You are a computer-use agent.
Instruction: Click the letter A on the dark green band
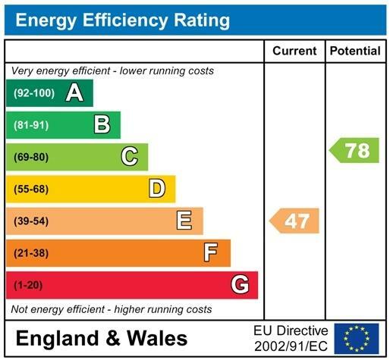pos(74,93)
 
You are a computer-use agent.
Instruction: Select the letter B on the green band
pos(102,124)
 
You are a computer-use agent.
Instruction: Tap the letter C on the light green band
pos(130,157)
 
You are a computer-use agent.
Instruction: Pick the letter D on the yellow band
pos(157,189)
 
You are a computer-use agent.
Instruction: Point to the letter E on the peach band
pos(184,221)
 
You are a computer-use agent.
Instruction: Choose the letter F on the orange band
pos(212,252)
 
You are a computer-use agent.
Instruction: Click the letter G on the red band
pos(240,285)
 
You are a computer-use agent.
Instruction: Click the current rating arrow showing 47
pos(295,221)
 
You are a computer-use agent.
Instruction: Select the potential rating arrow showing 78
pos(354,150)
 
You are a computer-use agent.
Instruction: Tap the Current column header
pos(294,52)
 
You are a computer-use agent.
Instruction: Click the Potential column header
pos(355,52)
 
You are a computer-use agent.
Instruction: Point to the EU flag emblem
pos(357,338)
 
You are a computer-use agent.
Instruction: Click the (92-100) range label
pos(34,93)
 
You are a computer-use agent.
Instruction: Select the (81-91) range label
pos(31,125)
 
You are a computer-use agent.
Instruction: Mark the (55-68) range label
pos(31,189)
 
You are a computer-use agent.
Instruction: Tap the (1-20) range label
pos(29,285)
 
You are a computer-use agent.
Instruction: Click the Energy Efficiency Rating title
pos(122,20)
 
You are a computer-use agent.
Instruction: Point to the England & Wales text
pos(101,338)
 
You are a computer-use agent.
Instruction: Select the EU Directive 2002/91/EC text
pos(291,338)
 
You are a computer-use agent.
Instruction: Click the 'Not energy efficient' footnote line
pos(112,310)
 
